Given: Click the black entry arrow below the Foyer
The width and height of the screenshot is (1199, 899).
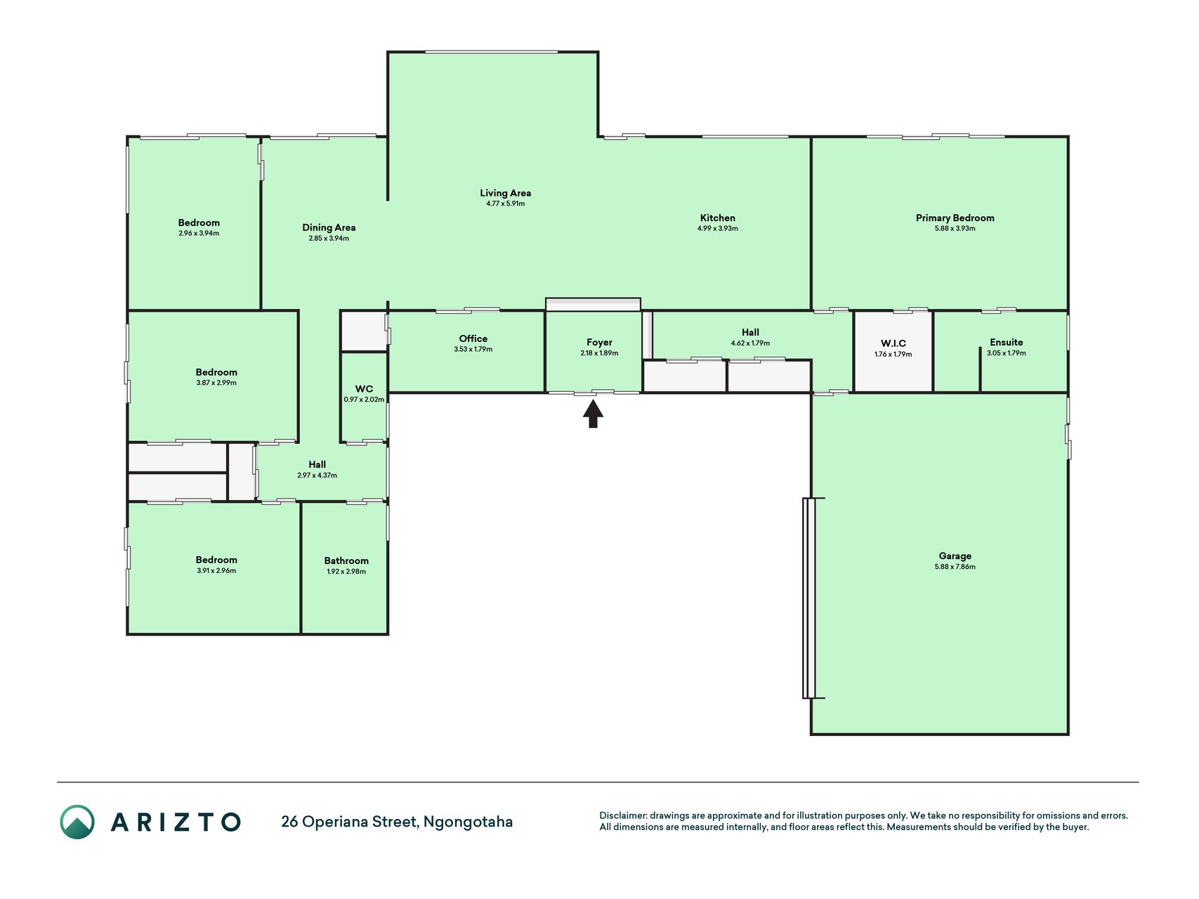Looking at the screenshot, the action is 593,414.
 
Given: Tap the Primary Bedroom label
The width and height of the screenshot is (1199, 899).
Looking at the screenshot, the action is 955,218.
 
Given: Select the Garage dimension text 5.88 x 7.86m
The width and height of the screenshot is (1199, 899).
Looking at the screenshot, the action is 955,567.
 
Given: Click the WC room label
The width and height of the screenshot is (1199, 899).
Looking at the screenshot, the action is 364,389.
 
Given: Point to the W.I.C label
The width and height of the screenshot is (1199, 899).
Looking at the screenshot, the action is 893,343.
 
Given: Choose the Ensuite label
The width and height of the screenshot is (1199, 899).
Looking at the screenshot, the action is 1006,342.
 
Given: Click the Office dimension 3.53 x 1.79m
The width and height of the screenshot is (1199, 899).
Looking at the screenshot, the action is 473,349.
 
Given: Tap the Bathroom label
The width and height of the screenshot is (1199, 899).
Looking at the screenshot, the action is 346,560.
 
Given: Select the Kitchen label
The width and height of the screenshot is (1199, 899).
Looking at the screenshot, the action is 717,218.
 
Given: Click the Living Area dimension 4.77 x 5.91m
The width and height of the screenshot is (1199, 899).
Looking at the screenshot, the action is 505,204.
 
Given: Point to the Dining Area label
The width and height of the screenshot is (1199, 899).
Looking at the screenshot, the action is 329,228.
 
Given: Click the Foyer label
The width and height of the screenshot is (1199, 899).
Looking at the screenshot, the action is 599,343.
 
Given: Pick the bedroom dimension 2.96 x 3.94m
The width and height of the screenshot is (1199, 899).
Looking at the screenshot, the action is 199,233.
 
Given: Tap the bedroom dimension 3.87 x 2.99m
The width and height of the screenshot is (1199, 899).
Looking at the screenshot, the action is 216,383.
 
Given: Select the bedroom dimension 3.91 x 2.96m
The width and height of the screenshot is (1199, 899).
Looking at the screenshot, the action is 216,570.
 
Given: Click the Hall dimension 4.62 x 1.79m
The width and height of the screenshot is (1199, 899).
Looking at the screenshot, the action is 750,343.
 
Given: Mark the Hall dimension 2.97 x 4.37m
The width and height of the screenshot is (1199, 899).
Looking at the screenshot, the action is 317,475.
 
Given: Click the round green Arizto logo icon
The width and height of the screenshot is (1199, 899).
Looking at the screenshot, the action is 77,822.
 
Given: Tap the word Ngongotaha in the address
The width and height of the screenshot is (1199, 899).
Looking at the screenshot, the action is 468,822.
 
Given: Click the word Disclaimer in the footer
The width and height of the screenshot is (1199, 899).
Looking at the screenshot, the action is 623,815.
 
